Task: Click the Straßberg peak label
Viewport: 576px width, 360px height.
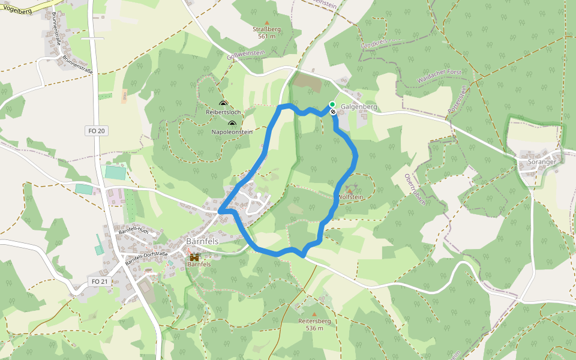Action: coord(266,29)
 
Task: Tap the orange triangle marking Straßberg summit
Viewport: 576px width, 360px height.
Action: coord(267,22)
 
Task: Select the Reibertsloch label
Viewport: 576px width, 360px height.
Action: coord(223,112)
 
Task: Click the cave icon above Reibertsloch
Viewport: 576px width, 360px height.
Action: coord(223,104)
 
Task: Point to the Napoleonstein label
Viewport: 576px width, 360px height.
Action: coord(232,132)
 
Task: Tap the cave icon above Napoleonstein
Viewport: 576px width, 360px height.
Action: coord(232,124)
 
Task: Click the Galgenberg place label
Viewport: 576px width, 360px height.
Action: coord(359,107)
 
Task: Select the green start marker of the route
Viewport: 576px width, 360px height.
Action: coord(332,104)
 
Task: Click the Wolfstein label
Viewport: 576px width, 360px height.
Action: coord(351,197)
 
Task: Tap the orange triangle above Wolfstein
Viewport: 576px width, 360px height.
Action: coord(350,191)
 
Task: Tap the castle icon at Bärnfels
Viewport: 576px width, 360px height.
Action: coord(194,257)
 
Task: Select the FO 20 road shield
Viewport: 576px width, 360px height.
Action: coord(96,131)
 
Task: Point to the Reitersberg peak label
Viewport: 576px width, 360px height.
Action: coord(314,321)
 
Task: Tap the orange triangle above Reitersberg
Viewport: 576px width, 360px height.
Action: coord(314,314)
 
